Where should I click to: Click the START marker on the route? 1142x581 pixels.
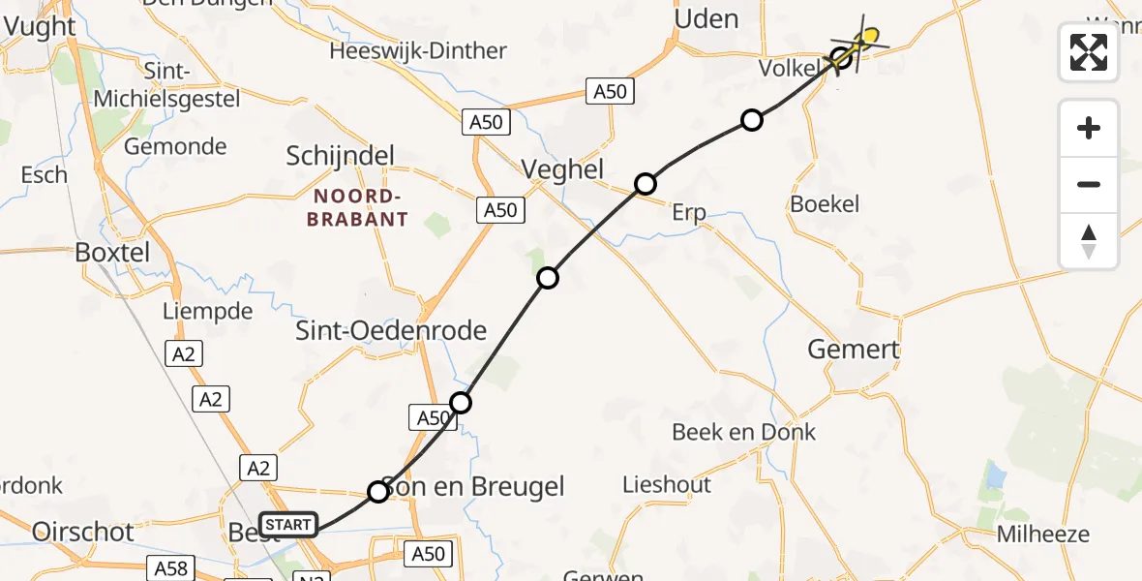[288, 525]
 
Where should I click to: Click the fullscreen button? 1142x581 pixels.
[1089, 51]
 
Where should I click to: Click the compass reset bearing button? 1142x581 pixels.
[1089, 241]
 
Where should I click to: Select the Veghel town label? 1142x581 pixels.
[562, 169]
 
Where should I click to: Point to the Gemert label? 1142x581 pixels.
[854, 350]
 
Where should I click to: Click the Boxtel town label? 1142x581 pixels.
[113, 253]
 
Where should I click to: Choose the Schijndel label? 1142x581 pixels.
[341, 156]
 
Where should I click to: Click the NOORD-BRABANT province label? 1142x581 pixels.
[357, 207]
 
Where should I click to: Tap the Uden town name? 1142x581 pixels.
[706, 18]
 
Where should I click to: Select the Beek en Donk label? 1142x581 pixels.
[744, 432]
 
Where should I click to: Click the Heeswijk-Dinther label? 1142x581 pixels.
[418, 50]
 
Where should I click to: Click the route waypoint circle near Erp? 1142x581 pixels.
[646, 183]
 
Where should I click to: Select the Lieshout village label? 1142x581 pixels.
[667, 484]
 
